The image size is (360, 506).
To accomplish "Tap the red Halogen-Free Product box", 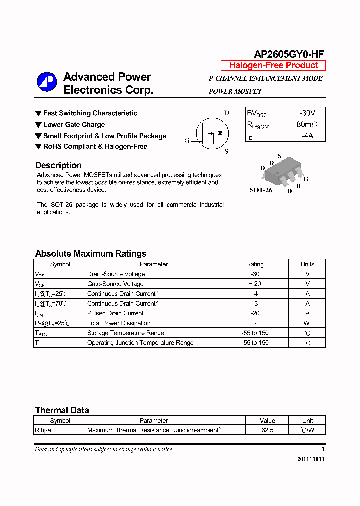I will pos(273,65).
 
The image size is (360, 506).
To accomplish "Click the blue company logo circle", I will pos(47,82).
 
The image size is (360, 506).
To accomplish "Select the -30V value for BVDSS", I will pos(307,113).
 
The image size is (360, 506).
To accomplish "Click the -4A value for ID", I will pos(307,136).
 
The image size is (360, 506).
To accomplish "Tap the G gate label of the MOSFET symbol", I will pos(187,141).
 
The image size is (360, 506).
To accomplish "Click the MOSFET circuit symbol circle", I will pos(211,133).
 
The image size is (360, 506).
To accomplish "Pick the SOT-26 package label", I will pos(261,190).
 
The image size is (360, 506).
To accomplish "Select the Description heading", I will pos(58,165).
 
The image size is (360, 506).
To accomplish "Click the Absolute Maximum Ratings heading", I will pos(90,254).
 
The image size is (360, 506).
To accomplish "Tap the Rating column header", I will pos(255,264).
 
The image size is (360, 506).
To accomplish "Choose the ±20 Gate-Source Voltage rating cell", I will pos(255,284).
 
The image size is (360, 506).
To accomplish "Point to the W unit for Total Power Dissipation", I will pos(307,323).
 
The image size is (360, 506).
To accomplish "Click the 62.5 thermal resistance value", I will pos(267,430).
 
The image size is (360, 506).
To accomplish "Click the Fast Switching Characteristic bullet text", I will pos(90,113).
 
